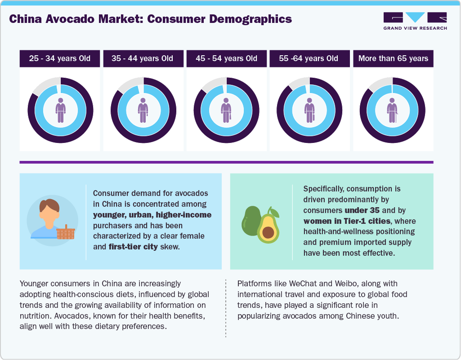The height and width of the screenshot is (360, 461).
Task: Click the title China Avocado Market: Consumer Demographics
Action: point(151,19)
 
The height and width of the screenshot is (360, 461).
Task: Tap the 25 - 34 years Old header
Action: point(60,58)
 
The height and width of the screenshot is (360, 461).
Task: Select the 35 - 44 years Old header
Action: point(143,58)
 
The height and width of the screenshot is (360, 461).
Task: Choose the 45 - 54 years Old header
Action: point(226,58)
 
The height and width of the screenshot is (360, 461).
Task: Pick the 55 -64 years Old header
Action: point(309,58)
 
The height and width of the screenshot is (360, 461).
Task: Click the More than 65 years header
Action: point(393,58)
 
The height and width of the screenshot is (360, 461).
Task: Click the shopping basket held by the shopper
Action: point(66,232)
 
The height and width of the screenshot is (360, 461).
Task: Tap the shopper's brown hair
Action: point(49,204)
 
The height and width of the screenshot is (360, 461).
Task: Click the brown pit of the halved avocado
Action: point(269,232)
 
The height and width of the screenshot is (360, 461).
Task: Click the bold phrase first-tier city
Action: point(133,247)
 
